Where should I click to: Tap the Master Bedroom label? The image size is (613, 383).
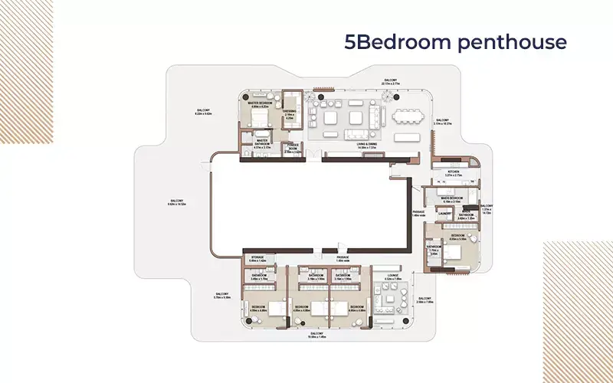[x=264, y=104]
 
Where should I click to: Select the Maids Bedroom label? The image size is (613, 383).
[x=451, y=199]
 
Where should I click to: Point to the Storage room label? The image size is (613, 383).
[x=257, y=259]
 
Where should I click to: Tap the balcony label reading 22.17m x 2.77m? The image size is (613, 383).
[x=391, y=81]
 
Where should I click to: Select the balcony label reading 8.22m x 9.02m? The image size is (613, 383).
[x=203, y=111]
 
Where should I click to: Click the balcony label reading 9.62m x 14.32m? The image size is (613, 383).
[x=177, y=203]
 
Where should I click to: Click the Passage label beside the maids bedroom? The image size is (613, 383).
[x=418, y=214]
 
